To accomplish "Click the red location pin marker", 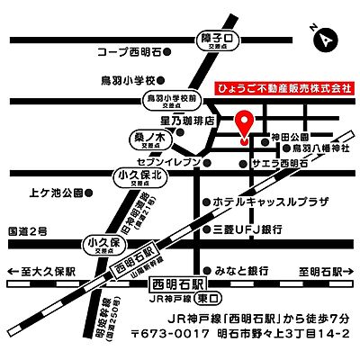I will (x=244, y=126).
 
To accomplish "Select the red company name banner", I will (x=284, y=91).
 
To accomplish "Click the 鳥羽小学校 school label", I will (x=131, y=79).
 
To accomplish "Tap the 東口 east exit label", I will (x=208, y=297).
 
